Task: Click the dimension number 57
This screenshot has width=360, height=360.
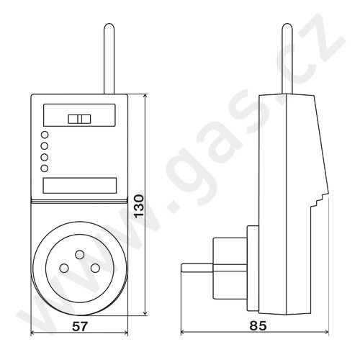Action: tap(80, 326)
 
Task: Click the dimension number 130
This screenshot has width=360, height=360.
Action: tap(139, 206)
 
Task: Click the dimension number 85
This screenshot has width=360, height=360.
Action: tap(258, 325)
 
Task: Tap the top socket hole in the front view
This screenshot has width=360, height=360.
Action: tap(79, 254)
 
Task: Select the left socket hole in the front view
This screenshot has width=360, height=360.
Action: tap(64, 268)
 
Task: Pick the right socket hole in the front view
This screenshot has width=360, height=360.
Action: tap(95, 268)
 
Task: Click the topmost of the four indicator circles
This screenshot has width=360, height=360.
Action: tap(45, 135)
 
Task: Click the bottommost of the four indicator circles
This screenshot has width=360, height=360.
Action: tap(45, 168)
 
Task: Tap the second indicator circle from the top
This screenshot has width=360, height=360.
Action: tap(45, 146)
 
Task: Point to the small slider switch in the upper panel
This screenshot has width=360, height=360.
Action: tap(79, 119)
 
